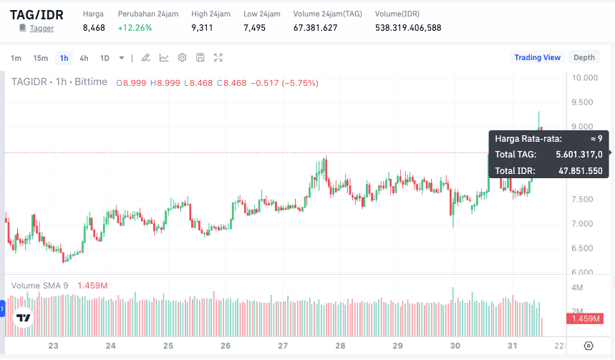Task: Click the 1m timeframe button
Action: coord(16,58)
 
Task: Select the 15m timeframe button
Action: coord(41,58)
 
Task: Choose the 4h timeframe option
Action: coord(84,58)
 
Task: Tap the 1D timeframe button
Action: coord(105,58)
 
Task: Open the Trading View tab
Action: coord(537,57)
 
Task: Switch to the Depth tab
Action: coord(583,57)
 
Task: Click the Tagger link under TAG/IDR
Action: coord(42,28)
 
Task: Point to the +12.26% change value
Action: coord(135,28)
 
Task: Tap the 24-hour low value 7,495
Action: coord(254,28)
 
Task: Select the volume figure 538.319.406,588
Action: coord(408,28)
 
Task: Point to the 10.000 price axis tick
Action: coord(585,78)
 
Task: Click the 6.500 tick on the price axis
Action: coord(585,248)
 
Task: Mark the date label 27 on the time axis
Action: coord(283,346)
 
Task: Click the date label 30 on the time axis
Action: coord(455,346)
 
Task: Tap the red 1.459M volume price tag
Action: coord(586,318)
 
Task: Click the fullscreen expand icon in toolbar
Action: coord(218,58)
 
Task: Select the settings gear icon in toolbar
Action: coord(182,58)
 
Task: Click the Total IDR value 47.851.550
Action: coord(580,171)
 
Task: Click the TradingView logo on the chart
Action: coord(24,318)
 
